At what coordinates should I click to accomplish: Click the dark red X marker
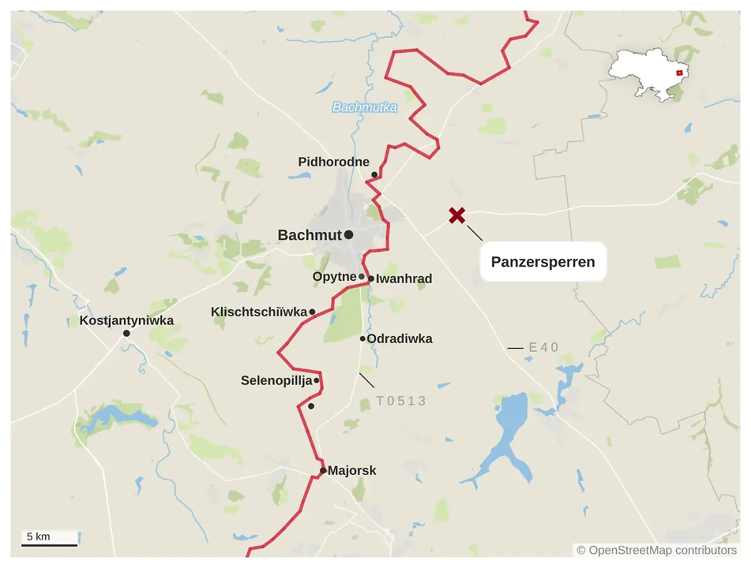(x=457, y=216)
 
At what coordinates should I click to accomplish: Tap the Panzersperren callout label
(x=543, y=261)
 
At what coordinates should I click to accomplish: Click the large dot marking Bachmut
(x=349, y=235)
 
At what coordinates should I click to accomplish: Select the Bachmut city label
(x=310, y=235)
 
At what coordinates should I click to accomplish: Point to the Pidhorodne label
(x=334, y=162)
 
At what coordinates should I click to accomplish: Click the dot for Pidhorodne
(x=374, y=175)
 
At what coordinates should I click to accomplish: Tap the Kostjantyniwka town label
(x=126, y=321)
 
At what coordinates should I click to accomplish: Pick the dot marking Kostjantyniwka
(x=126, y=333)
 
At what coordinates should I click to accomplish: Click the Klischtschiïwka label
(x=259, y=312)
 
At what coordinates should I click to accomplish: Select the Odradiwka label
(x=399, y=339)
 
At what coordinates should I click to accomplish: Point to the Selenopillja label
(x=276, y=380)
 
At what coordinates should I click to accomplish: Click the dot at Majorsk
(x=323, y=470)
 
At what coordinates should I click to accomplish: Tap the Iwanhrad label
(x=404, y=279)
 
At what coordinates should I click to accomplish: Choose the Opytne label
(x=334, y=276)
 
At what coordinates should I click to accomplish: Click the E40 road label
(x=543, y=347)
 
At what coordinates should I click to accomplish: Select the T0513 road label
(x=401, y=401)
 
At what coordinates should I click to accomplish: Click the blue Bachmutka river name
(x=364, y=108)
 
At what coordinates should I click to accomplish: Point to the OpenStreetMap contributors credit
(x=656, y=550)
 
